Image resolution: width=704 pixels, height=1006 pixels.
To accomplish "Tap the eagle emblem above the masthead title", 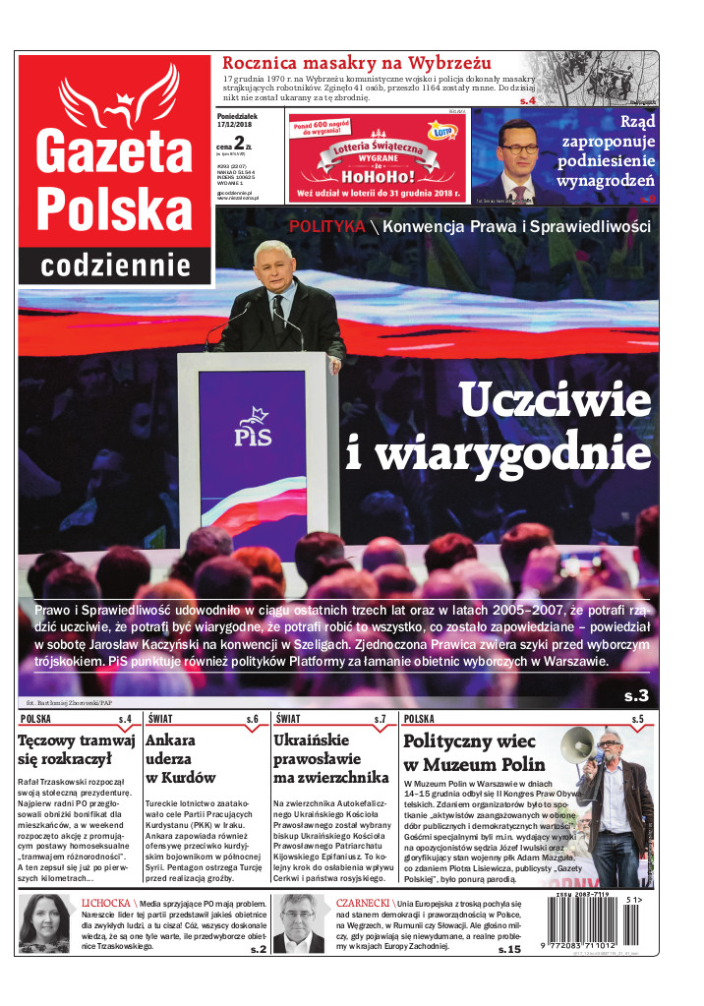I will [114, 93].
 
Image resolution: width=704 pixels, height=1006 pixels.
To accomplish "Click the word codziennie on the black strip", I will [115, 265].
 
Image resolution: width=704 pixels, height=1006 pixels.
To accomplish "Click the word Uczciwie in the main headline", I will [554, 401].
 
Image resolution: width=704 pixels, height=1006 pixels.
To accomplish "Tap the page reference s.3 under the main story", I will [636, 696].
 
